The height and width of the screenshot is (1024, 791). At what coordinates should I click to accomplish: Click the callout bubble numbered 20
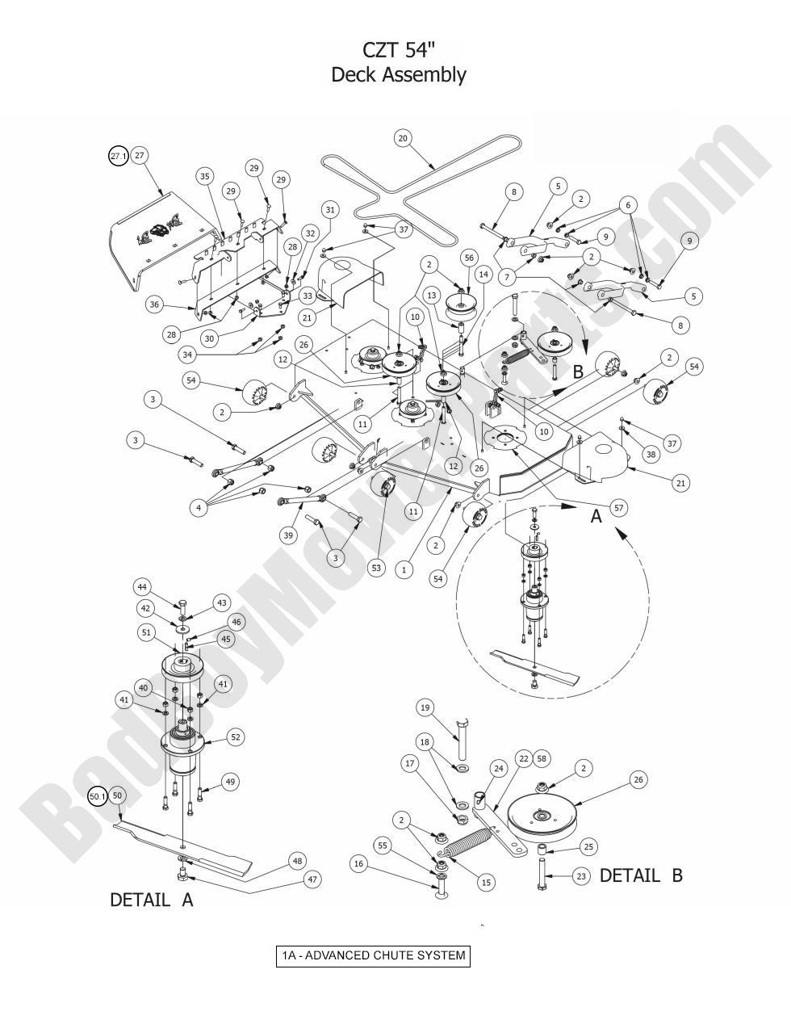(x=404, y=138)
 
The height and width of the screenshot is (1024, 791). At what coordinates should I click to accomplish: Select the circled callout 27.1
(x=119, y=156)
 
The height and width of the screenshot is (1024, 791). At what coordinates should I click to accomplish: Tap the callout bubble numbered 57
(x=619, y=508)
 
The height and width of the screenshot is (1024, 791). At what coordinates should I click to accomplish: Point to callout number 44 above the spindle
(x=141, y=587)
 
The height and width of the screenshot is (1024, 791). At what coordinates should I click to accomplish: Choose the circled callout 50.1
(x=97, y=796)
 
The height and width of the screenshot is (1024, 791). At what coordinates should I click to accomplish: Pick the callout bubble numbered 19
(x=425, y=707)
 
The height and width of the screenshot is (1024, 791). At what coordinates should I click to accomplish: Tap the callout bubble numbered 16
(x=359, y=864)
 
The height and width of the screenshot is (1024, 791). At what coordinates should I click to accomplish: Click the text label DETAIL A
(x=152, y=900)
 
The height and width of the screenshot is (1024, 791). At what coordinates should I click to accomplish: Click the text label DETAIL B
(x=640, y=875)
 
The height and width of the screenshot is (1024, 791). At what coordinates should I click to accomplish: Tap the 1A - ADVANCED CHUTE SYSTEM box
(x=372, y=956)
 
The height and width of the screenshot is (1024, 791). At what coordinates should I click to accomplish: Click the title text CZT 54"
(x=398, y=50)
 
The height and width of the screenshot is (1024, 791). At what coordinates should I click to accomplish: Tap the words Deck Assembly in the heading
(x=399, y=76)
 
